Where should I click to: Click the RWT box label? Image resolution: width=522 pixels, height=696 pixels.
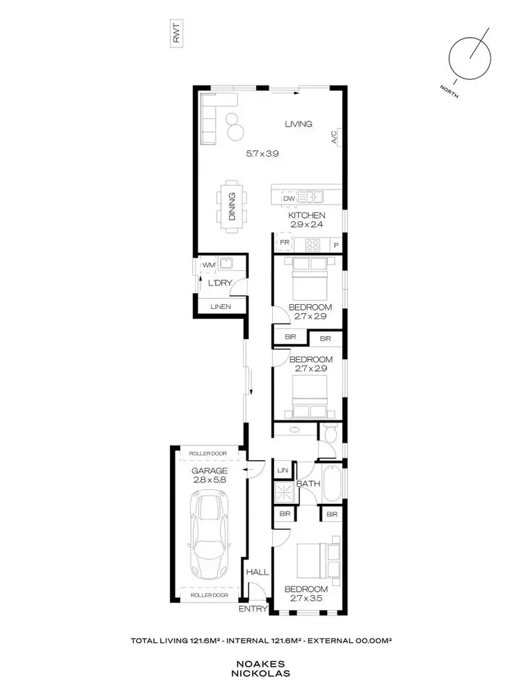(176, 35)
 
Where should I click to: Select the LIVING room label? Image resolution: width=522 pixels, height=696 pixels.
(299, 124)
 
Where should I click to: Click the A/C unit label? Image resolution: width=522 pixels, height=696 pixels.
(334, 137)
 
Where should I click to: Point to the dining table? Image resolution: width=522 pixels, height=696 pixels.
(231, 206)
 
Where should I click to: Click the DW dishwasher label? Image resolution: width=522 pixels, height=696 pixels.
(290, 198)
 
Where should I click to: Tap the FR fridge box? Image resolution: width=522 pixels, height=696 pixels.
(284, 244)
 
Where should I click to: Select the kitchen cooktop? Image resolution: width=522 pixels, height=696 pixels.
(313, 244)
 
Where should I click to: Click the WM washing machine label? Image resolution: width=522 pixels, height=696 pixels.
(207, 264)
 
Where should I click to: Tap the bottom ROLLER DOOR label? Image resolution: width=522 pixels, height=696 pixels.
(209, 596)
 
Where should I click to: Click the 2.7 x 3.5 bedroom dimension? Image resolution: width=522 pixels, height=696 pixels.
(306, 599)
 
